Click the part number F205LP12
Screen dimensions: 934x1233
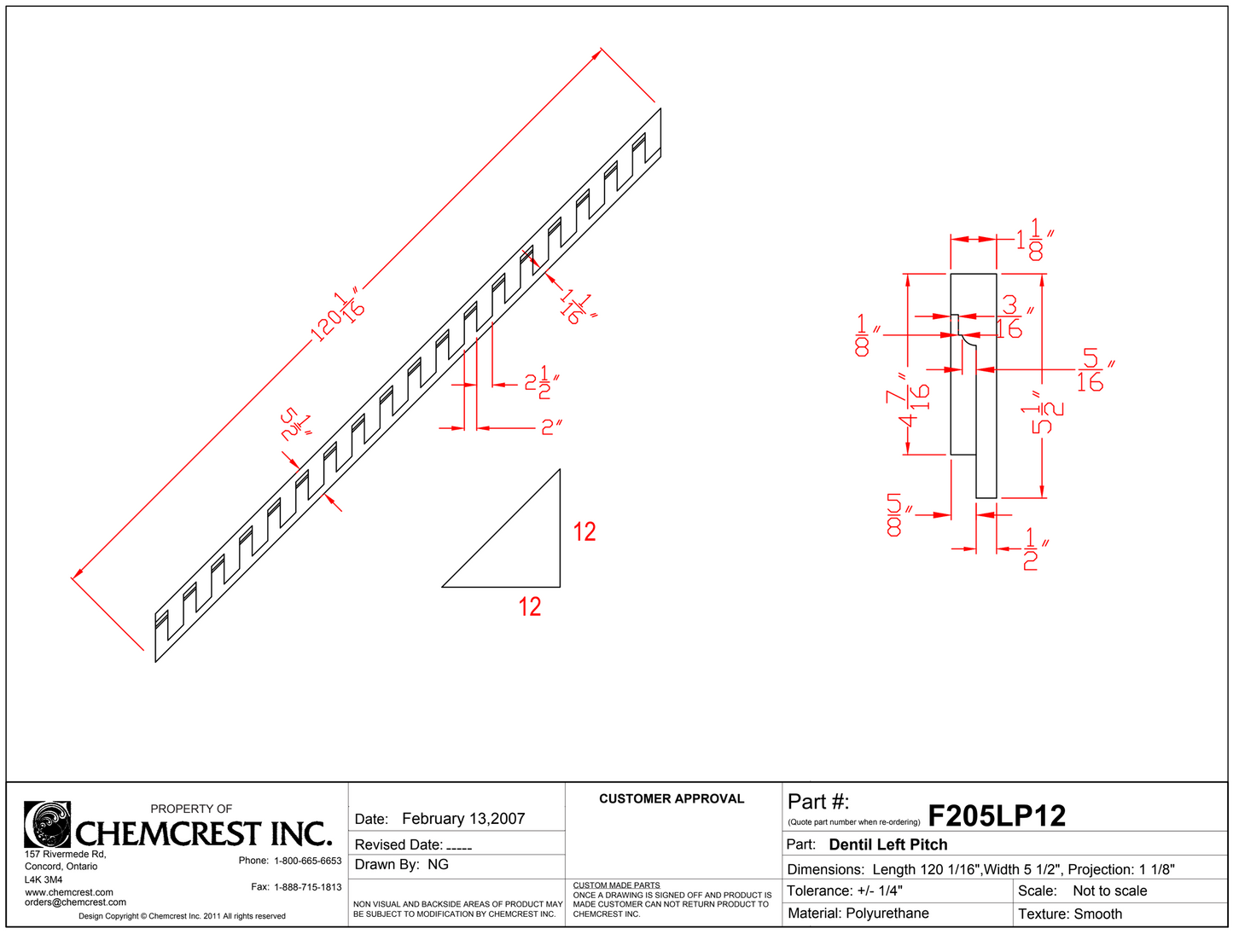click(x=996, y=816)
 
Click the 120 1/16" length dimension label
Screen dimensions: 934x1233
click(x=338, y=316)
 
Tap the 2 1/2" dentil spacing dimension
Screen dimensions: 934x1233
click(x=541, y=385)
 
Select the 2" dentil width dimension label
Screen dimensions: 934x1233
click(x=550, y=427)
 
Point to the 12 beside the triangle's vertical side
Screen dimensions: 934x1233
click(x=584, y=532)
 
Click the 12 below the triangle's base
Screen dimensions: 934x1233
click(x=529, y=606)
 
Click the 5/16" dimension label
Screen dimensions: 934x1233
click(x=1091, y=370)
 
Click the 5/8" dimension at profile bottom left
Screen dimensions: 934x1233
click(x=896, y=514)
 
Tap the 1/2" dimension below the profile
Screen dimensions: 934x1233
click(x=1032, y=548)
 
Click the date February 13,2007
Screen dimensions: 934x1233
click(x=463, y=819)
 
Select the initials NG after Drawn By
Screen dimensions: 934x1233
click(x=438, y=865)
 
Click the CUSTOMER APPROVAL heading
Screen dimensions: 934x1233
click(x=672, y=799)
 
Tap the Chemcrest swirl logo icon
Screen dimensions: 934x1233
click(x=47, y=824)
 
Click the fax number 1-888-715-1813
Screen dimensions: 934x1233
click(x=307, y=887)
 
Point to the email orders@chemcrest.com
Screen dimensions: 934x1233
click(x=75, y=902)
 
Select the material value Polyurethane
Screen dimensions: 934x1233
click(x=887, y=914)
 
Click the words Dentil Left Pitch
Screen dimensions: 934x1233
click(x=887, y=844)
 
